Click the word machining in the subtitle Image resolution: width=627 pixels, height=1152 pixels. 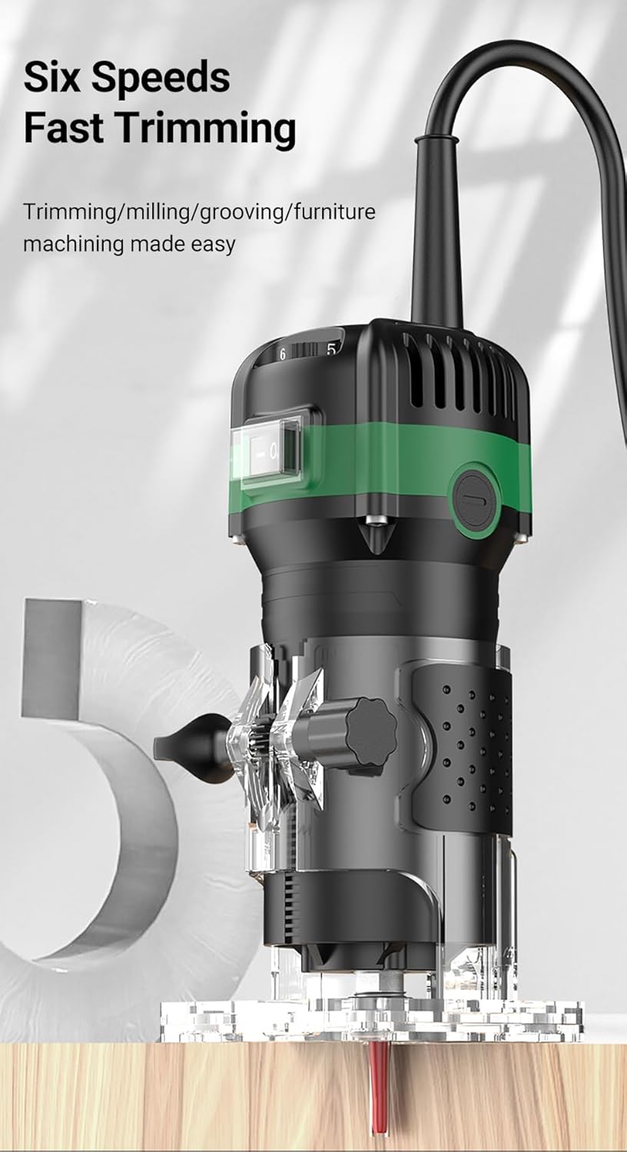(73, 244)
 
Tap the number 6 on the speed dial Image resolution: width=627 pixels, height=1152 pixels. (283, 354)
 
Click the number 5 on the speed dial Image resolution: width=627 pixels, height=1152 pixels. (331, 349)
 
